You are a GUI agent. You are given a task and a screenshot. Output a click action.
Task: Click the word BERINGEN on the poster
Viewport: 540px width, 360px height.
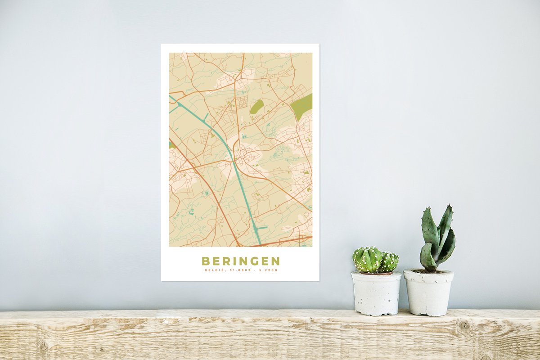(240, 261)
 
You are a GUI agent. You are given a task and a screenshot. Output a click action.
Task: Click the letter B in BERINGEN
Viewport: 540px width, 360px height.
(205, 261)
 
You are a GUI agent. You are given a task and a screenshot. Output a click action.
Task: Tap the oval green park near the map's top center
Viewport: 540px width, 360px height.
(257, 107)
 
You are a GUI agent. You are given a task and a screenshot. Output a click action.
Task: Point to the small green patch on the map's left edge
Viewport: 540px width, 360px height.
(171, 145)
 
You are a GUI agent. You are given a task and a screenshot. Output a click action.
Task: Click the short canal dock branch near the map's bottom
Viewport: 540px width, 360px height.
(262, 228)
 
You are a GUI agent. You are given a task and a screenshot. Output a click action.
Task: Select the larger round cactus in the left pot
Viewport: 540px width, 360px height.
(367, 260)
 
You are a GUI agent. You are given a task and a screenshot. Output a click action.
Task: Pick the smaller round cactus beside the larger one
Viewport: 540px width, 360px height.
(389, 261)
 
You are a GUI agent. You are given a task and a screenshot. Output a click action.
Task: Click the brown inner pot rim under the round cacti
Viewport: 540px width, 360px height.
(376, 273)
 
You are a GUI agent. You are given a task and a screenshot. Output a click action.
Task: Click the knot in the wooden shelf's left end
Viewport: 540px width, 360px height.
(43, 344)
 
